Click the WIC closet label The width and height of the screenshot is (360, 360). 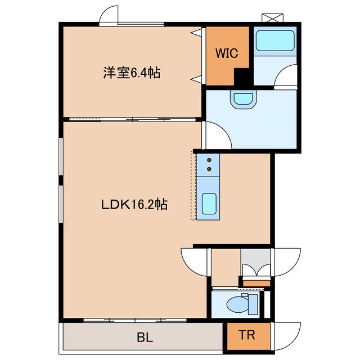point(227,53)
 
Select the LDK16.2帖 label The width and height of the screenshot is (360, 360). point(134,205)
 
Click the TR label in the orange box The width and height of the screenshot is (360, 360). point(247,336)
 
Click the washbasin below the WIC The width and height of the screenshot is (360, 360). point(243,99)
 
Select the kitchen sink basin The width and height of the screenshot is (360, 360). point(209,202)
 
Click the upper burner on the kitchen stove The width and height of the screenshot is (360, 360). point(209,159)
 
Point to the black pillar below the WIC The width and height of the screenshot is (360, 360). point(242,77)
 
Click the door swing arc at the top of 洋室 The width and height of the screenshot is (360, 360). point(110,15)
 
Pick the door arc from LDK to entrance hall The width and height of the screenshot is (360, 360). point(194,260)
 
